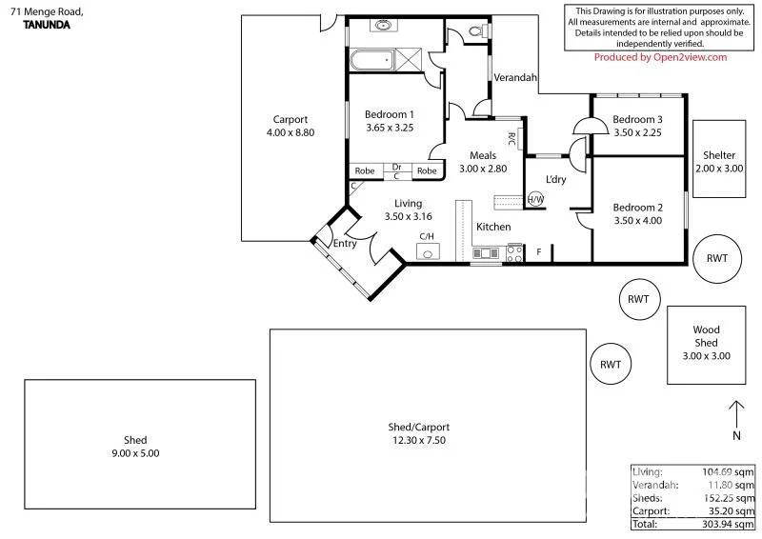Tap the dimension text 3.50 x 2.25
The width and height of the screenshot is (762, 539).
click(x=637, y=133)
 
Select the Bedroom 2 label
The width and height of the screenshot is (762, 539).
click(x=637, y=208)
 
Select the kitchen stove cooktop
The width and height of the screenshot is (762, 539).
click(x=514, y=253)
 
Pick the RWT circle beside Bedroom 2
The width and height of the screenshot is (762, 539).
click(x=716, y=258)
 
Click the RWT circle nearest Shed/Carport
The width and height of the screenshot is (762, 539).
click(x=611, y=364)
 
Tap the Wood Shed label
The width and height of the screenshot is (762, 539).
click(x=706, y=336)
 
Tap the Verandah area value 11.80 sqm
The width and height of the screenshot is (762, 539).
click(x=733, y=485)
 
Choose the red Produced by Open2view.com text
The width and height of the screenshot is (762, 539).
click(x=660, y=57)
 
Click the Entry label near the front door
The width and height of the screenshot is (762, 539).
click(x=344, y=244)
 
